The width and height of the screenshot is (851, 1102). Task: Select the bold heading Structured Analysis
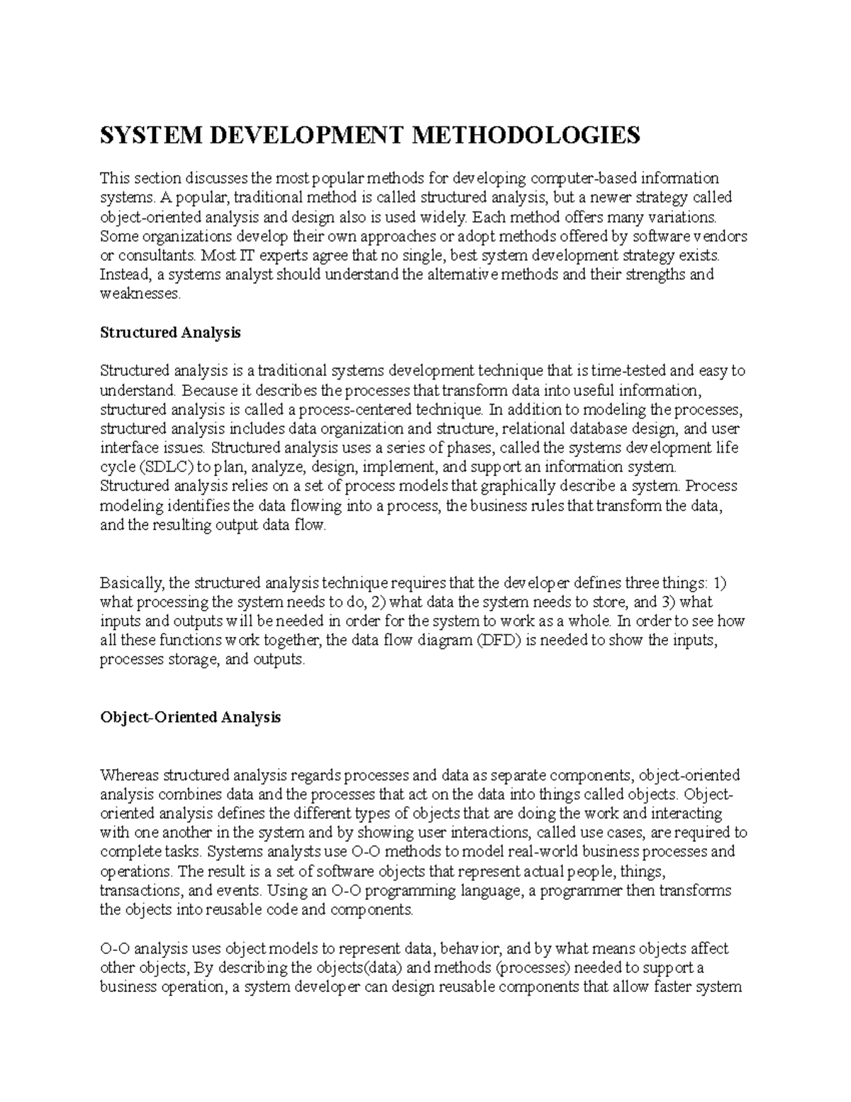point(170,332)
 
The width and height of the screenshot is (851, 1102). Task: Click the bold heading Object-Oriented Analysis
point(190,717)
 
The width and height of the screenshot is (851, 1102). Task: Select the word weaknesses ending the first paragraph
point(140,294)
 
